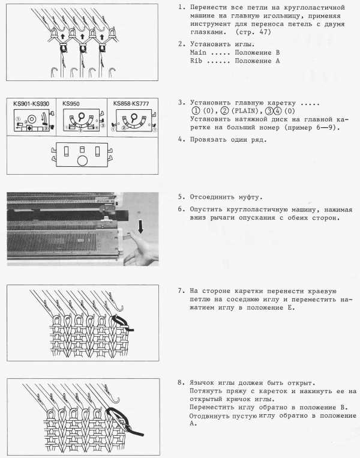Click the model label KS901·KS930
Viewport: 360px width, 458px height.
[x=32, y=103]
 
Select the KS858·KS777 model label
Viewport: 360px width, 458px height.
[x=131, y=103]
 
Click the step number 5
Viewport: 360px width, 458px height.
[x=181, y=196]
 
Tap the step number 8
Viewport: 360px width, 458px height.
[x=181, y=382]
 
